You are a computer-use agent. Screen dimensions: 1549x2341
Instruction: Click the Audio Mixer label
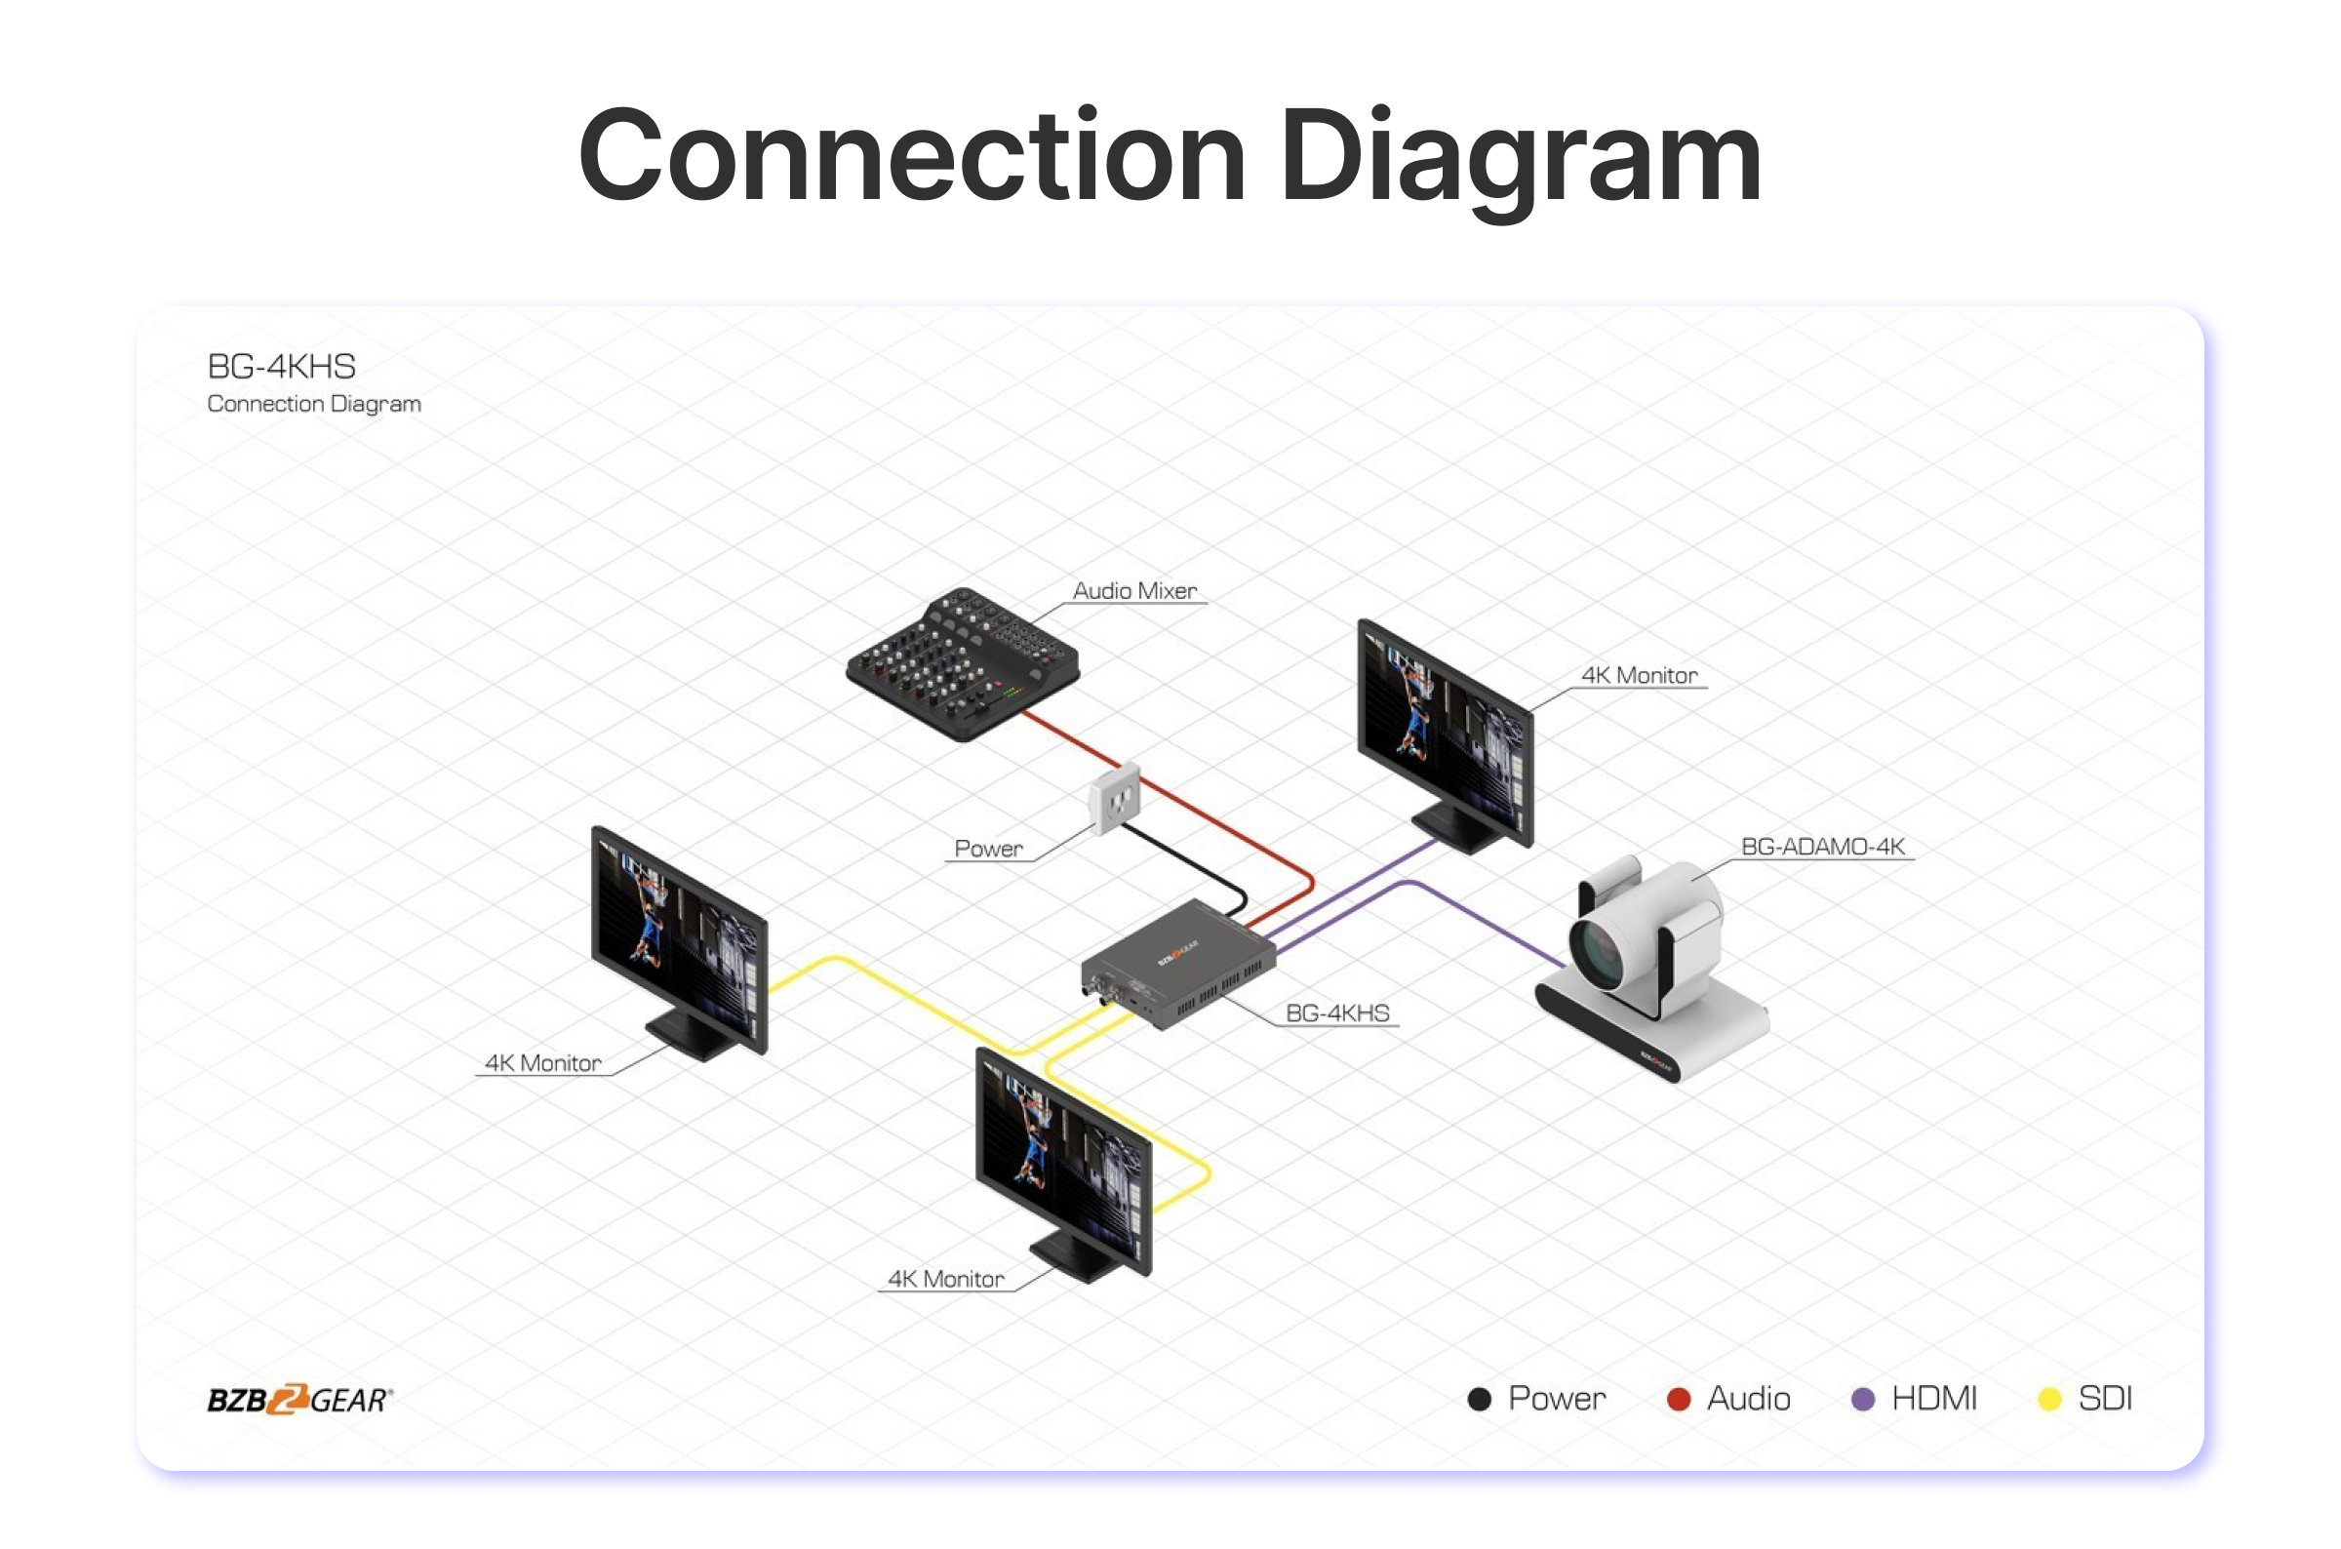1134,591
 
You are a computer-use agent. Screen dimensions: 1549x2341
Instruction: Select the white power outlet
1115,798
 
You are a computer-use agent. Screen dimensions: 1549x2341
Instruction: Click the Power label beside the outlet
988,849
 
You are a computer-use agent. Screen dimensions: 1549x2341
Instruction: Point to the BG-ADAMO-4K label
1822,847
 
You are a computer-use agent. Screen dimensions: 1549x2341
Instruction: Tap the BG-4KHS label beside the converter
1336,1013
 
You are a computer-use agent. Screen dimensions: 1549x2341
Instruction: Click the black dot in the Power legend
1479,1399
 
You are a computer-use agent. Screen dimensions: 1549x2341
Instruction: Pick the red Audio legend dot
1679,1399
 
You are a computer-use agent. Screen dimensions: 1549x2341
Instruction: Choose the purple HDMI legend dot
1863,1399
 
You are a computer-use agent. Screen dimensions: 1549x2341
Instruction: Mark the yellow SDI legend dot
2049,1399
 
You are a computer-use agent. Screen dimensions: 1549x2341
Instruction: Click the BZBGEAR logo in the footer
299,1399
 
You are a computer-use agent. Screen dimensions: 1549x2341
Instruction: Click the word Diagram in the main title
1521,158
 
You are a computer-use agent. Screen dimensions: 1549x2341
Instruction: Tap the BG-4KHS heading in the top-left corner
282,367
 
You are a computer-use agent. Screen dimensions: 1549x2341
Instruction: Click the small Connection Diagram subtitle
314,404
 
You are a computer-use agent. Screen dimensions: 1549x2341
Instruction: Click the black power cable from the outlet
1185,861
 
